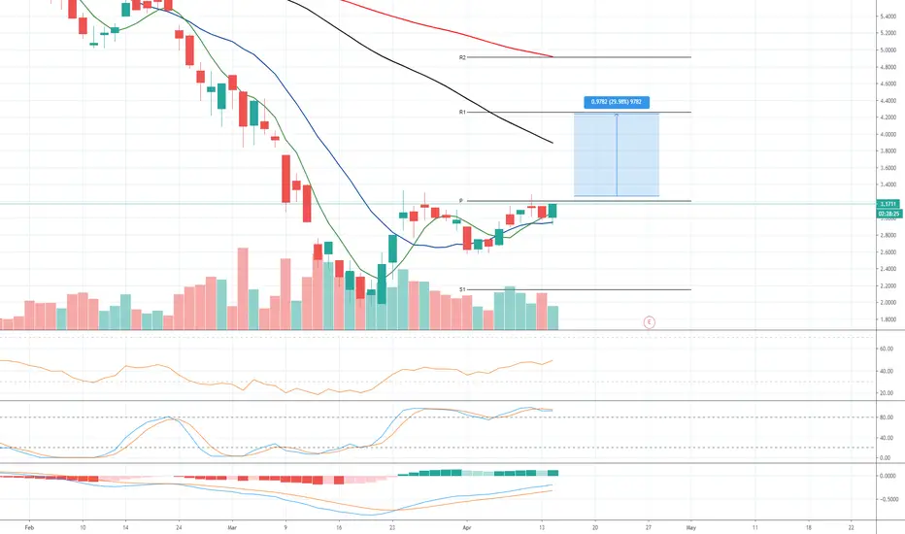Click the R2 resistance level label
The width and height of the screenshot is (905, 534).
463,58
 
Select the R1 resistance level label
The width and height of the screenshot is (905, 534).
463,113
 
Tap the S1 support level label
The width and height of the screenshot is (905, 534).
463,289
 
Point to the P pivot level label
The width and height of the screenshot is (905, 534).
460,201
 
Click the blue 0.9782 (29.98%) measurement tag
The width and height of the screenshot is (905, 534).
617,101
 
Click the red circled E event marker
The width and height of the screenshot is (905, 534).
650,320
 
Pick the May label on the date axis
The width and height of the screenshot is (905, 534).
690,526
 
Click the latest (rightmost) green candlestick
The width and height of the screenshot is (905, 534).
553,211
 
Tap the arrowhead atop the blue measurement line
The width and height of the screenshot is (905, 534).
617,115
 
